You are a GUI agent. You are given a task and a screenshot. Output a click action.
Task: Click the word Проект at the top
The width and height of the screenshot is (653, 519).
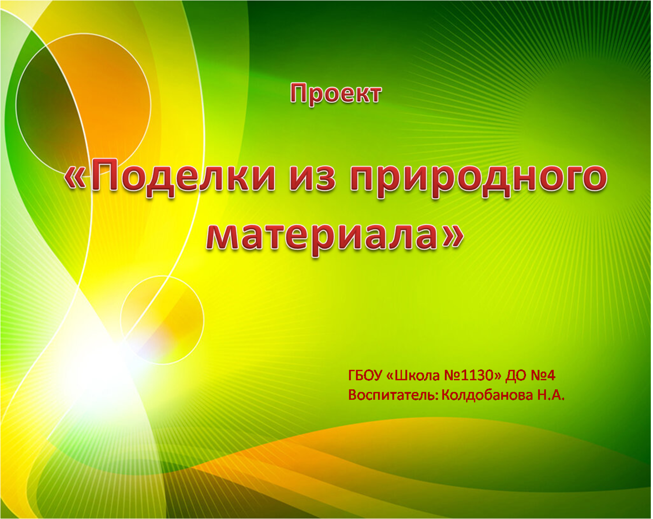pos(336,94)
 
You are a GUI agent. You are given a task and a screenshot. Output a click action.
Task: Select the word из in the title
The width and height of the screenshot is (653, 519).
pos(312,181)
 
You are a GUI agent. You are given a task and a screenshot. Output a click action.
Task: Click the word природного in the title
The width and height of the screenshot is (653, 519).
pos(478,181)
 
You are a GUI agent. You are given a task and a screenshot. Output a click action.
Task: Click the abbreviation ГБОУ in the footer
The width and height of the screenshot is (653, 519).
pos(365,376)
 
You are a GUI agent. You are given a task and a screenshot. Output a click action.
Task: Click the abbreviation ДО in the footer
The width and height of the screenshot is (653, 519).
pos(516,376)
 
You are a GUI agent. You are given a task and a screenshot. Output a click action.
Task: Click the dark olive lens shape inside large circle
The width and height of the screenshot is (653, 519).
pos(46,106)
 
